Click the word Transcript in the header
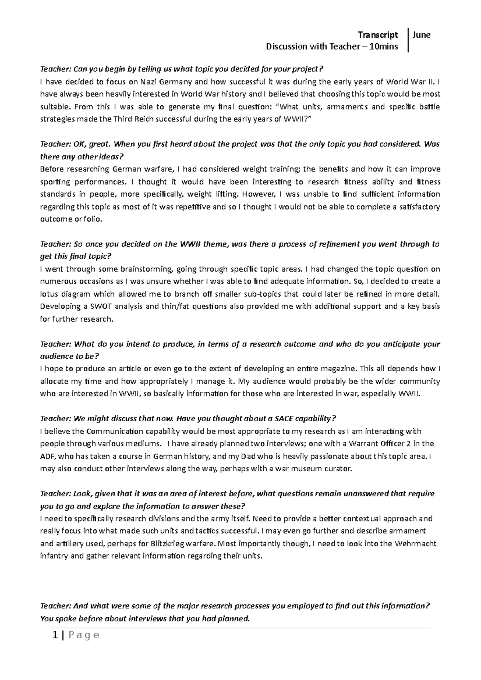point(378,35)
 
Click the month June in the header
point(422,35)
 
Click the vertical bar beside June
point(408,40)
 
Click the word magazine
point(342,368)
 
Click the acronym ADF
point(47,456)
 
